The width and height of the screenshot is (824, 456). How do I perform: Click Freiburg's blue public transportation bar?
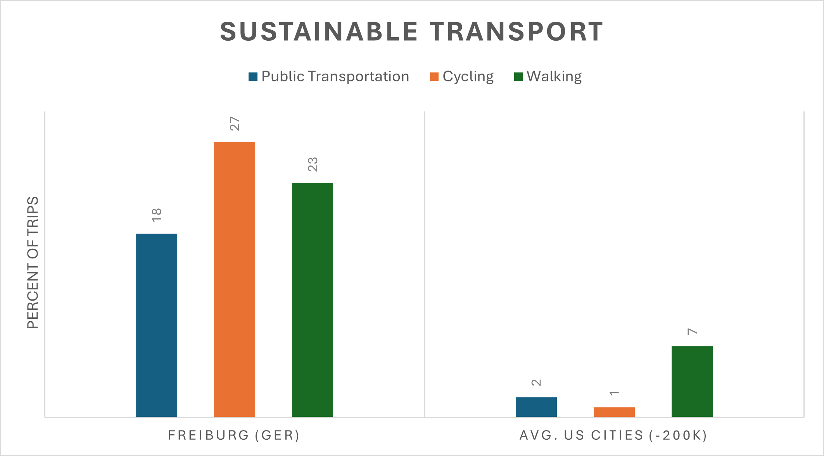(157, 325)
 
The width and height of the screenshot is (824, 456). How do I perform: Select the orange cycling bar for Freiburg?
(235, 279)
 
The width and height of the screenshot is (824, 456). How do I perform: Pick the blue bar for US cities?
(536, 407)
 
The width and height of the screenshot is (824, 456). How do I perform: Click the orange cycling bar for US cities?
(614, 412)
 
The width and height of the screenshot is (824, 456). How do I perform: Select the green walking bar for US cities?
(692, 381)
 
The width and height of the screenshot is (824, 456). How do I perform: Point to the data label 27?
(235, 124)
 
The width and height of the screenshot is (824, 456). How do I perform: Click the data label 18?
(157, 215)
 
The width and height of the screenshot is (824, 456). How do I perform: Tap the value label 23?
(313, 165)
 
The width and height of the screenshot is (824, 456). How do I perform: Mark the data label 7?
(693, 332)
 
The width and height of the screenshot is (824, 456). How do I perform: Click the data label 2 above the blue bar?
(537, 383)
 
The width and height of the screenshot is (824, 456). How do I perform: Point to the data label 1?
(615, 393)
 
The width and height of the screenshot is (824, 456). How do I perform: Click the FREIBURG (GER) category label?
(234, 435)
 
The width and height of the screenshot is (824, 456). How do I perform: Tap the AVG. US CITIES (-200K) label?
(614, 435)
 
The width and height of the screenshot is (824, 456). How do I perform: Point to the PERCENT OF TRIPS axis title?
(33, 263)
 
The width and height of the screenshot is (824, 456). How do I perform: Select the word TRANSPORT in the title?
(516, 32)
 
